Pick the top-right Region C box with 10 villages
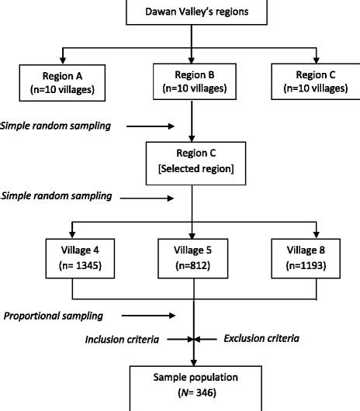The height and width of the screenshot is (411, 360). pyautogui.click(x=315, y=81)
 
